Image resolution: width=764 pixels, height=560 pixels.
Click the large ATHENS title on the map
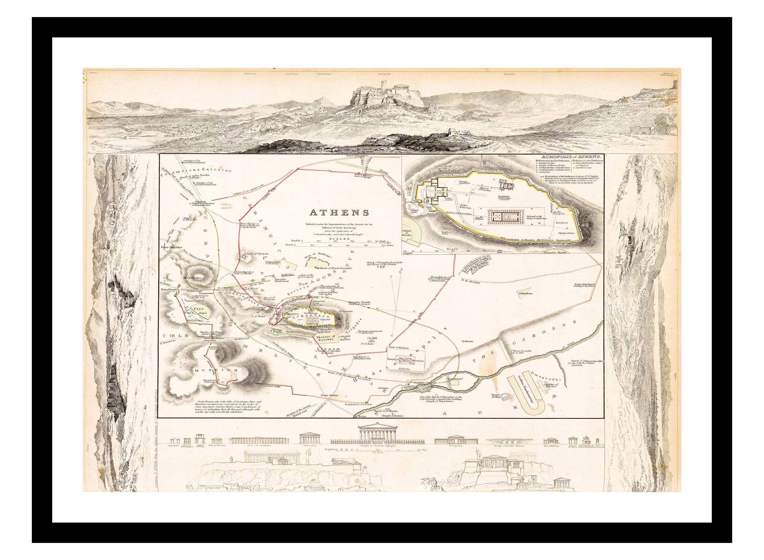click(x=339, y=213)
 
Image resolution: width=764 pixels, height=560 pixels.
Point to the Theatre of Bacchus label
click(x=325, y=338)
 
